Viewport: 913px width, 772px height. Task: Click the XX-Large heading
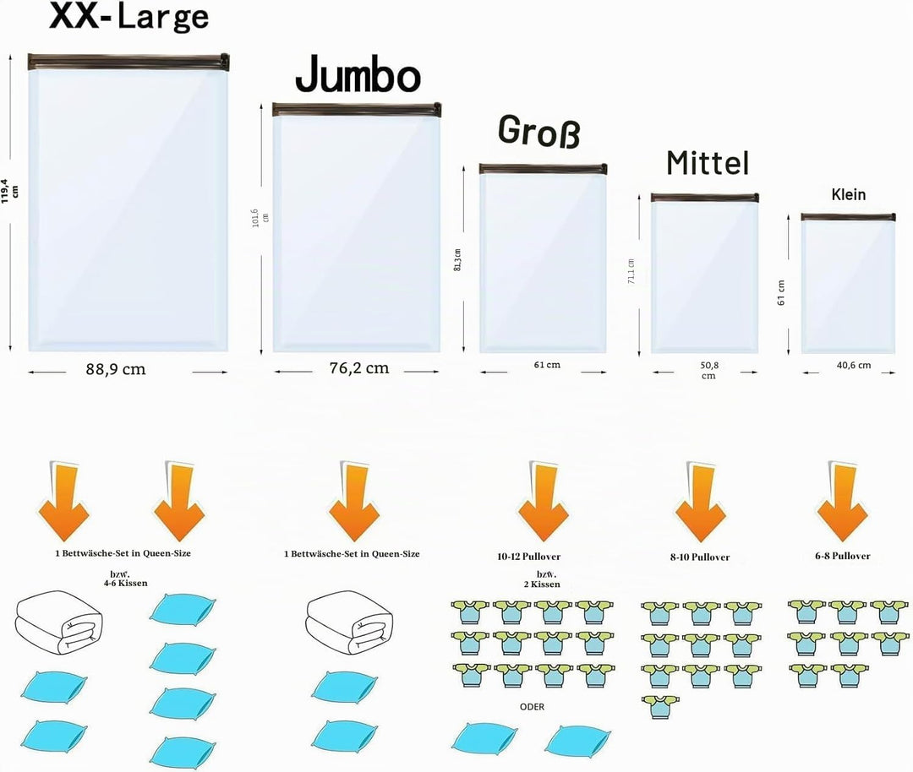128,16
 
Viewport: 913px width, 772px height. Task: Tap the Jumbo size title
358,73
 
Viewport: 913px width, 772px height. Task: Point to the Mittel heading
708,163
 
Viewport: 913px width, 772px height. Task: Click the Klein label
849,194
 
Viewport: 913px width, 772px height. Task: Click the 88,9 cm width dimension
116,369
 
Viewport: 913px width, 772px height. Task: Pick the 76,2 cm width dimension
359,368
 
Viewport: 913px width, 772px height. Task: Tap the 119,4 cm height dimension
9,191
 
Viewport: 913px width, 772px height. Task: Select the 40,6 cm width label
854,366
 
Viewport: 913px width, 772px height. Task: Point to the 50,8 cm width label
708,371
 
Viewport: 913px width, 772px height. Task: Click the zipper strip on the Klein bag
848,217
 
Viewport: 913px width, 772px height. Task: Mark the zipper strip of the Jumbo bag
357,109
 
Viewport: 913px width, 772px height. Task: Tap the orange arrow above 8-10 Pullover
701,501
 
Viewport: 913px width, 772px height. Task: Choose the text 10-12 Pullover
528,557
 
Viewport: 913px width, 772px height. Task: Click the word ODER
533,707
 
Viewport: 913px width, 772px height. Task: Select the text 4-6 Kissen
126,583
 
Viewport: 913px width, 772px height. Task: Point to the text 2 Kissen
542,584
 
